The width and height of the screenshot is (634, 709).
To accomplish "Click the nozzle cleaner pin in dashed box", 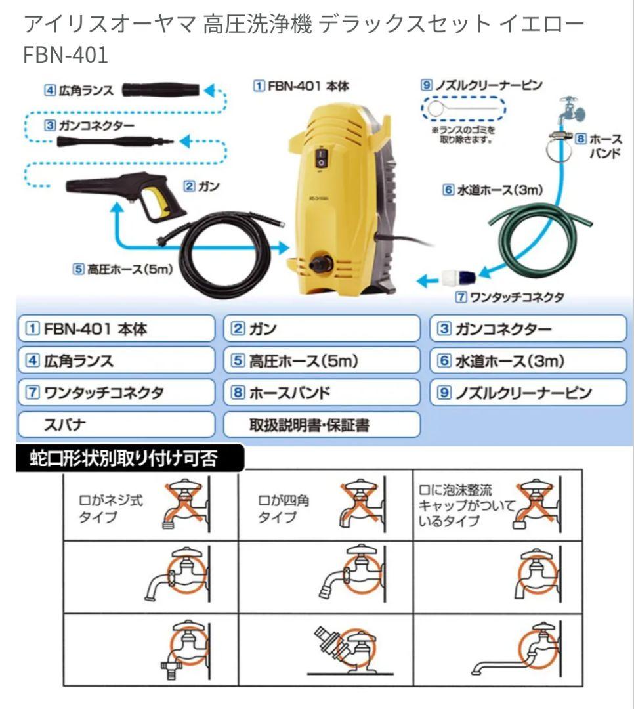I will tap(463, 108).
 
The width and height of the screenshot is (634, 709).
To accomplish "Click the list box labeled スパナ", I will tap(116, 424).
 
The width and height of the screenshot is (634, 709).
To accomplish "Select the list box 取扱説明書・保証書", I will tap(321, 424).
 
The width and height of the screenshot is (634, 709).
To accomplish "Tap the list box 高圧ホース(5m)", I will tap(321, 360).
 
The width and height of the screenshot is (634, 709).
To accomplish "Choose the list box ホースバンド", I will tap(321, 393).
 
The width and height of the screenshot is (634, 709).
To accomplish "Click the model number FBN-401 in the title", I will tap(65, 55).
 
